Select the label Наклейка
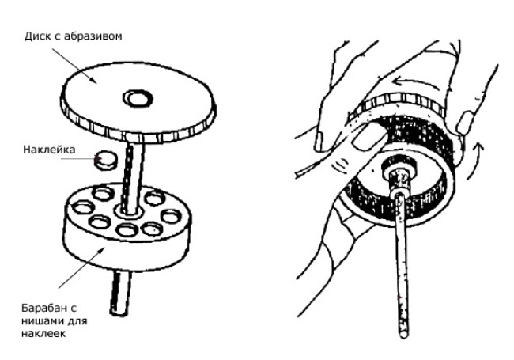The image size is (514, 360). pyautogui.click(x=49, y=150)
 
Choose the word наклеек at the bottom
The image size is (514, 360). pyautogui.click(x=43, y=333)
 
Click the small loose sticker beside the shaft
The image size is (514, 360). pyautogui.click(x=106, y=160)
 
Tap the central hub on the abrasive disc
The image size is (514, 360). pyautogui.click(x=138, y=98)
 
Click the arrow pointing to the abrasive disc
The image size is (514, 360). pyautogui.click(x=74, y=66)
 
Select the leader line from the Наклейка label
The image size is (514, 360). pyautogui.click(x=78, y=159)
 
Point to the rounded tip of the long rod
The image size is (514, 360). pyautogui.click(x=403, y=334)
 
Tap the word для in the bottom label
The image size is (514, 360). pyautogui.click(x=77, y=321)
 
